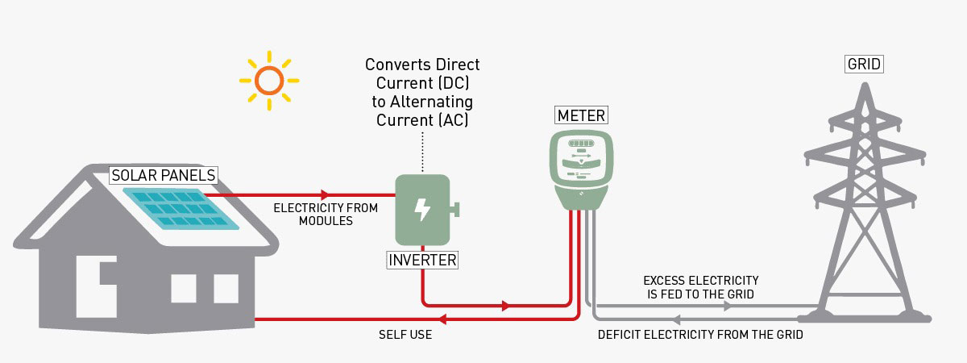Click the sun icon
268,80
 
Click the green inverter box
421,210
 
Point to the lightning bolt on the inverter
421,210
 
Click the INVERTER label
422,261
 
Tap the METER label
581,116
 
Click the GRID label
865,64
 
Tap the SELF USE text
405,334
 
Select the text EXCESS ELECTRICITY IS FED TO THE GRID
700,287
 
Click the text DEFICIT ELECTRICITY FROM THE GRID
700,334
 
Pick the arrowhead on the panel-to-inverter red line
325,194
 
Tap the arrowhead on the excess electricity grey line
727,307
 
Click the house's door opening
91,291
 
